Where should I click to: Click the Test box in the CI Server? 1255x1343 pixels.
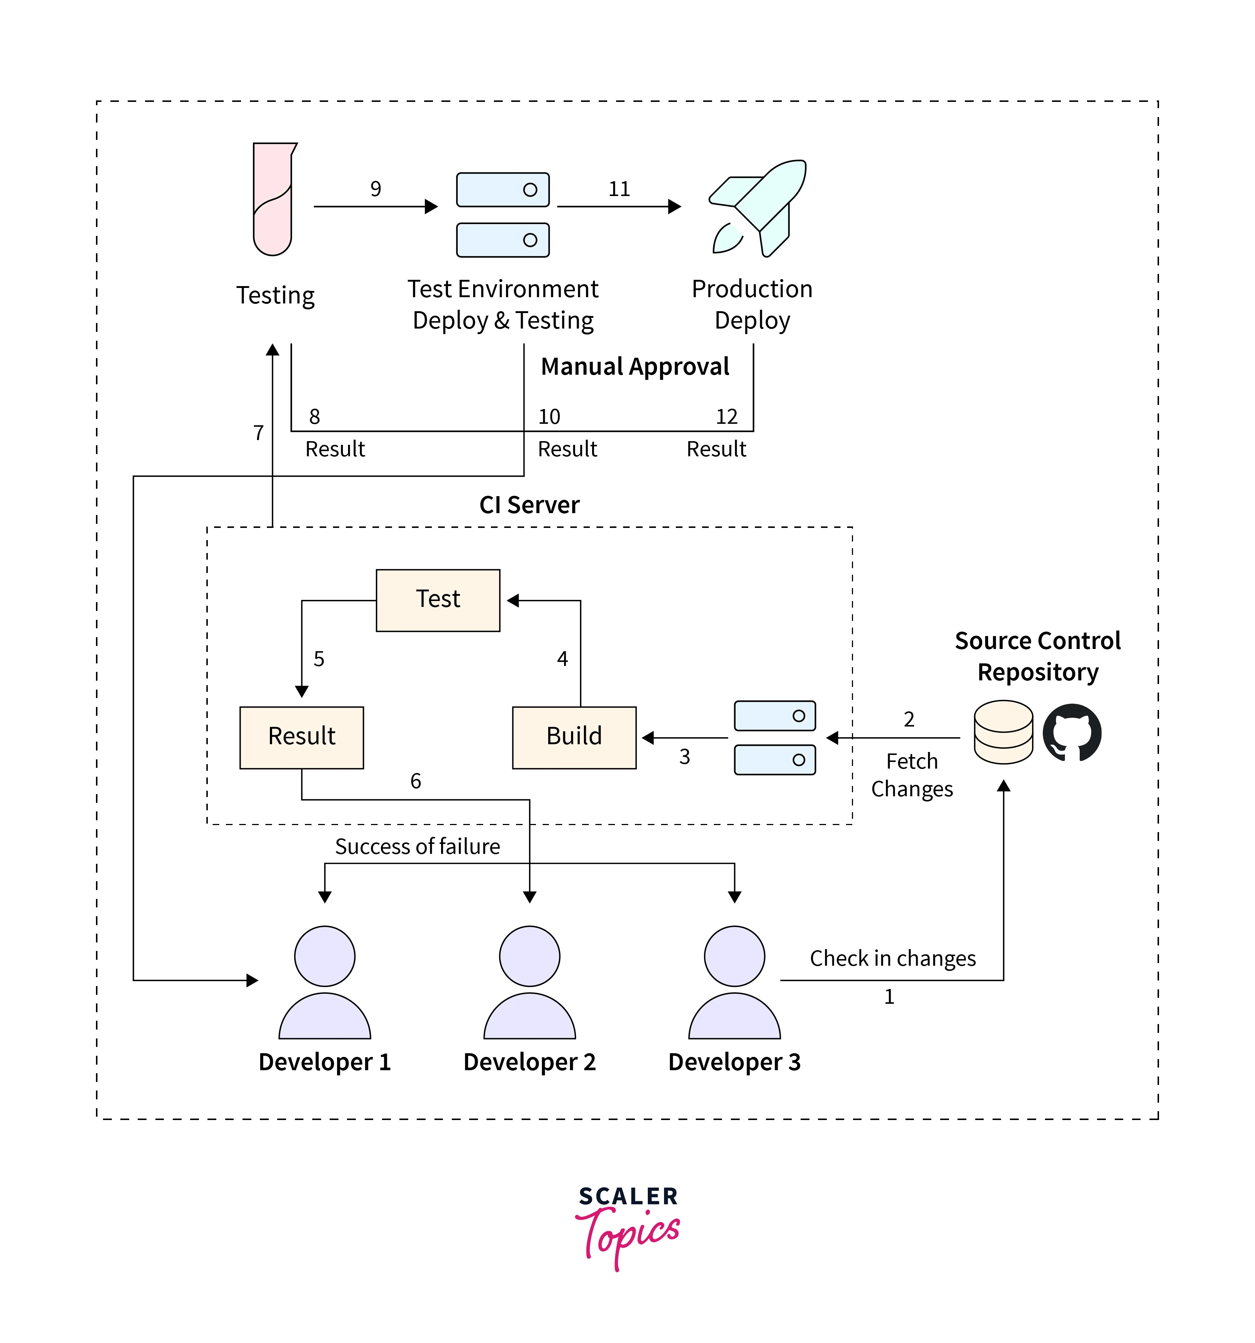pyautogui.click(x=438, y=600)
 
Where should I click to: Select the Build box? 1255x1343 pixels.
pyautogui.click(x=574, y=737)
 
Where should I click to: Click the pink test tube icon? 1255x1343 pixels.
pyautogui.click(x=273, y=199)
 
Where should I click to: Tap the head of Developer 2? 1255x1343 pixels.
pyautogui.click(x=530, y=956)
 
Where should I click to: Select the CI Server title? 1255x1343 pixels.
pyautogui.click(x=530, y=505)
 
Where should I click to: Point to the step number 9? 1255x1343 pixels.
pyautogui.click(x=375, y=189)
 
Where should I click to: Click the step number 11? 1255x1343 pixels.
pyautogui.click(x=619, y=189)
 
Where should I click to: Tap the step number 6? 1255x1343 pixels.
pyautogui.click(x=415, y=781)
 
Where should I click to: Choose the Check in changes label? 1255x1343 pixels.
pyautogui.click(x=892, y=958)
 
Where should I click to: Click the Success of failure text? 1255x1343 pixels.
pyautogui.click(x=417, y=846)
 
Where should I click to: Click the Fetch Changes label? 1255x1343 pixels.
pyautogui.click(x=912, y=775)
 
